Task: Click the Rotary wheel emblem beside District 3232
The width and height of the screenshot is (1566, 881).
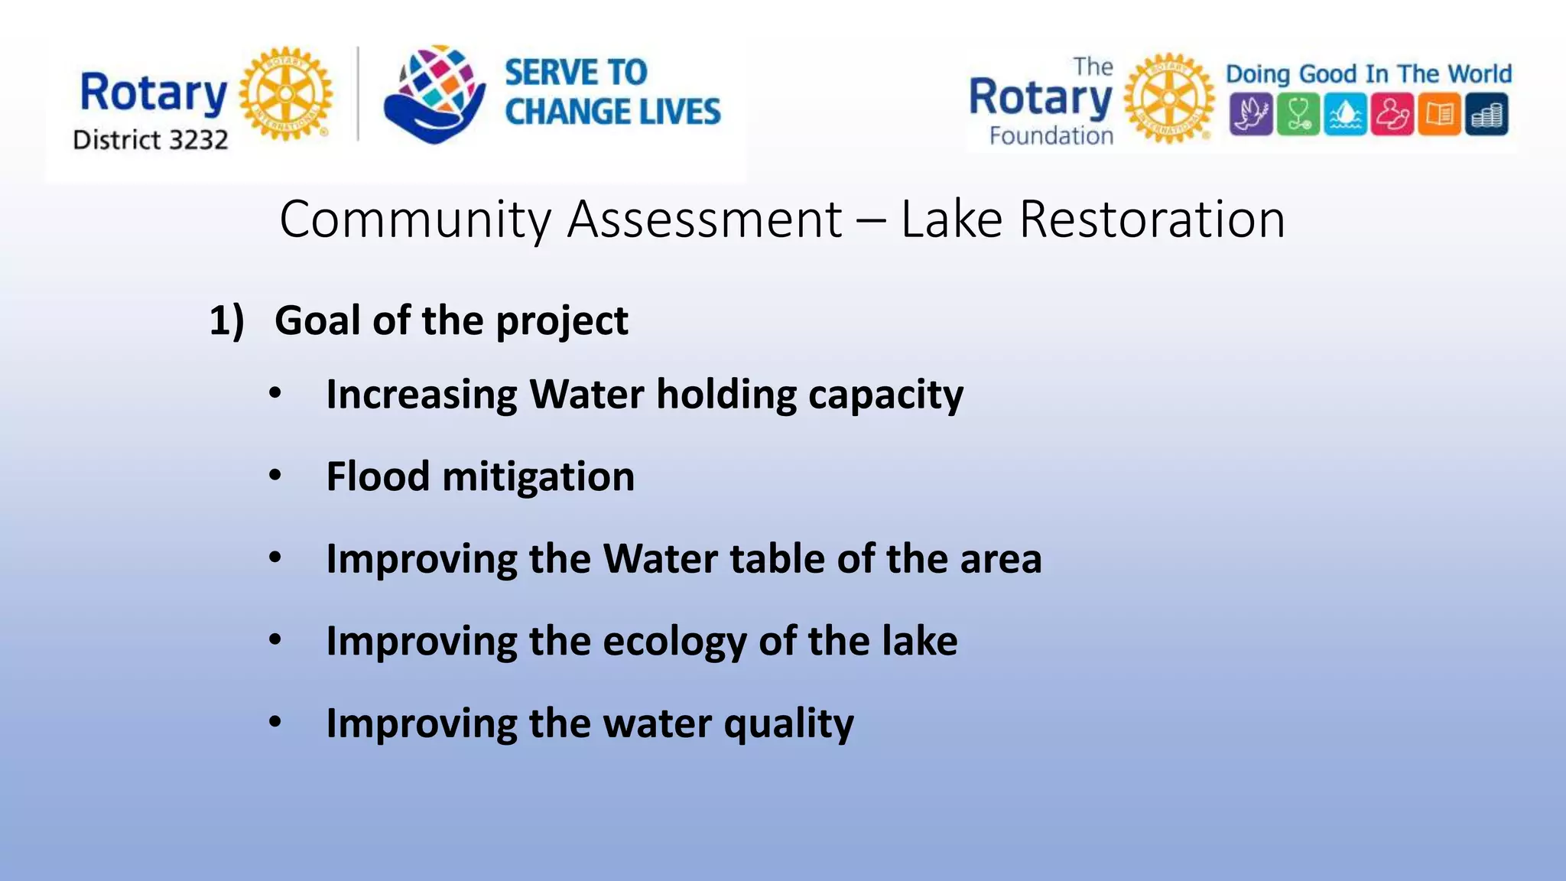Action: (x=286, y=93)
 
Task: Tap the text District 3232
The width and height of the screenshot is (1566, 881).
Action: (x=151, y=140)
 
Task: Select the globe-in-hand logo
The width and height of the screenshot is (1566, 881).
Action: (x=434, y=94)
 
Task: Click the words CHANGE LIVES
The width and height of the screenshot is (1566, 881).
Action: (x=612, y=112)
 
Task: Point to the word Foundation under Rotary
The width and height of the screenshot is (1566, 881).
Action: (x=1051, y=136)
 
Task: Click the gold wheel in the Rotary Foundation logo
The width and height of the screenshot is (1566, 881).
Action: (x=1168, y=98)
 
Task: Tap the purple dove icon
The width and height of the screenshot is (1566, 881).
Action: (x=1251, y=115)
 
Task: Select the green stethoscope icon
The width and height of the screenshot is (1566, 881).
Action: (x=1298, y=115)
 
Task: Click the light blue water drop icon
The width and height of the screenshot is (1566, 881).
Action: (x=1345, y=115)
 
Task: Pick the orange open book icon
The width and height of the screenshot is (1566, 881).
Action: (x=1439, y=115)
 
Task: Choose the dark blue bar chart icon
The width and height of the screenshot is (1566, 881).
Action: (x=1486, y=115)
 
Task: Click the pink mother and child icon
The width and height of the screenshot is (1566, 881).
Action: (x=1392, y=115)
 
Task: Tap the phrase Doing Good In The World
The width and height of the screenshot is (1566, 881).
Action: (x=1369, y=74)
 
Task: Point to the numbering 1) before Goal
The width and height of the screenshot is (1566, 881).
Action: (x=227, y=320)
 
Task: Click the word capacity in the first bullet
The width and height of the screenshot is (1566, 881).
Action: (x=885, y=395)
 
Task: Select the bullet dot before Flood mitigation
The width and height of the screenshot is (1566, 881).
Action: (x=275, y=476)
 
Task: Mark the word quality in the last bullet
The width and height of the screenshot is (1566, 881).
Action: (x=788, y=724)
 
